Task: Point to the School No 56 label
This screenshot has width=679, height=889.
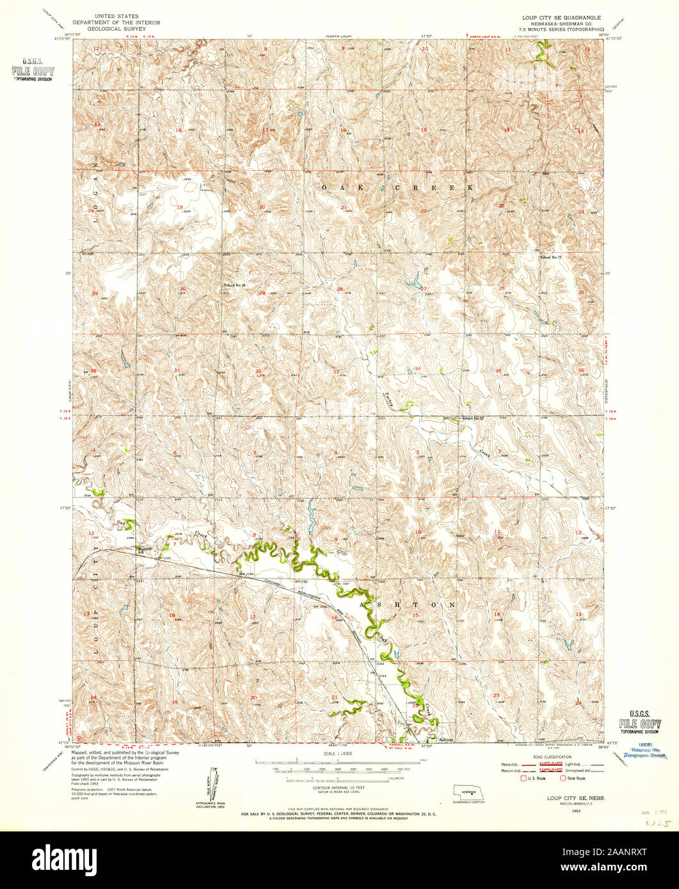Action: coord(234,285)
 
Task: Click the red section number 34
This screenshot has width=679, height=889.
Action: coord(417,369)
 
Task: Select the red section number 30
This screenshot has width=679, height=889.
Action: coord(182,289)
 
